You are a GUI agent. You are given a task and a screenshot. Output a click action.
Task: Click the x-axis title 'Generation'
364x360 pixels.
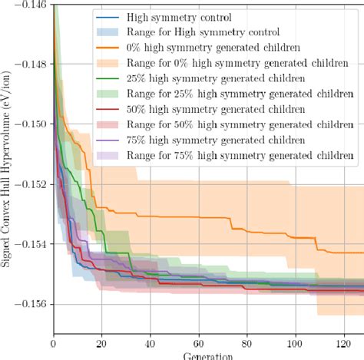[208, 356]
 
